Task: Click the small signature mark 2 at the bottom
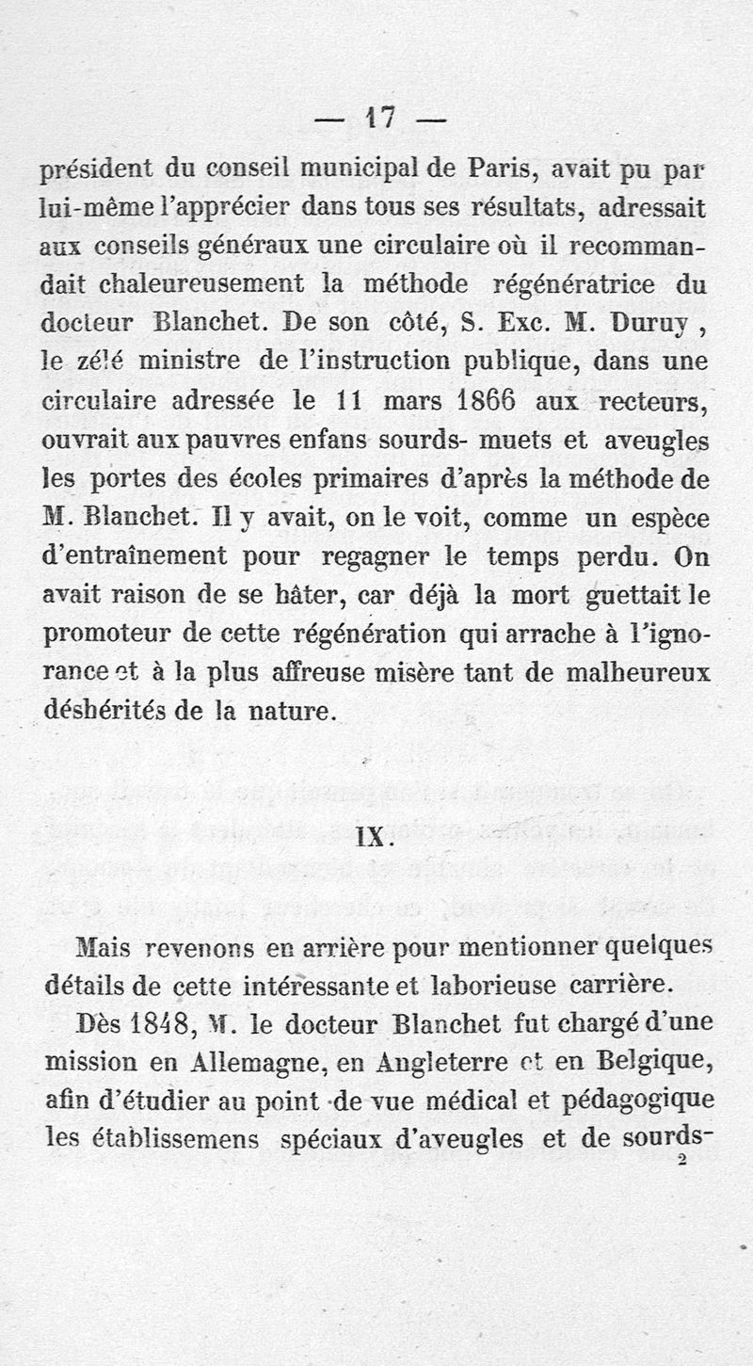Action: pyautogui.click(x=681, y=1162)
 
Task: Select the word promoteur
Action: pyautogui.click(x=106, y=633)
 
